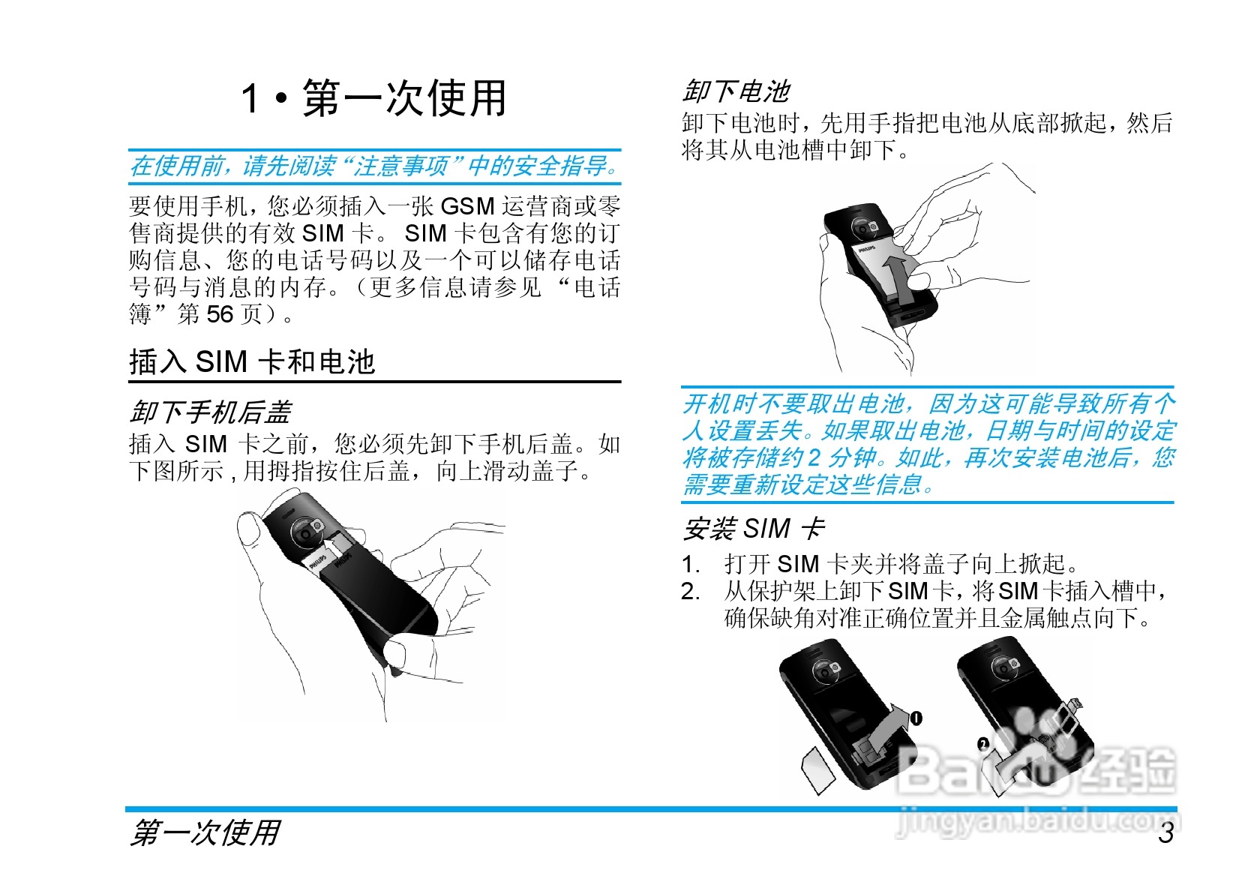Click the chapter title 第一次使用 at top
(x=404, y=99)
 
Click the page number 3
(x=1165, y=832)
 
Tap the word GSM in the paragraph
(x=467, y=206)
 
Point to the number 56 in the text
(x=220, y=314)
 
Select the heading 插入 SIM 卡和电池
(x=252, y=362)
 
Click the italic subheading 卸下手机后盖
(x=211, y=412)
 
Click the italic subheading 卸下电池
(x=736, y=91)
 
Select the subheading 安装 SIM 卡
(x=754, y=529)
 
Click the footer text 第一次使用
(x=205, y=833)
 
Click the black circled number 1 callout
(x=916, y=718)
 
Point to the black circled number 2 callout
(x=983, y=744)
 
